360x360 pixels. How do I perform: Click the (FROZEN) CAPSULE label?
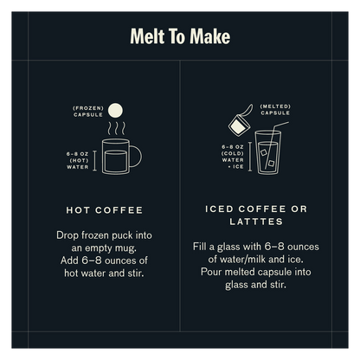pos(88,110)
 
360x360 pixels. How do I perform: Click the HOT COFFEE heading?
pos(105,209)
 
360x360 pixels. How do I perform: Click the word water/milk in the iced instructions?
pos(229,260)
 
